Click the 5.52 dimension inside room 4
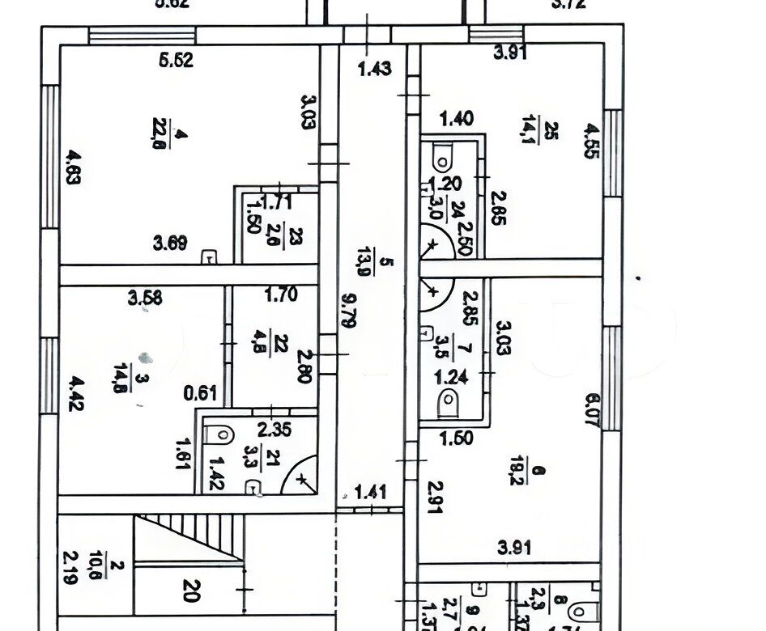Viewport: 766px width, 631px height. pyautogui.click(x=177, y=60)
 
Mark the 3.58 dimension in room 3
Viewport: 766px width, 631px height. pyautogui.click(x=146, y=297)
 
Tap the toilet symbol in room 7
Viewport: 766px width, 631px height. pyautogui.click(x=446, y=400)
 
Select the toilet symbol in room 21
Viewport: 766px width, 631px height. pyautogui.click(x=219, y=434)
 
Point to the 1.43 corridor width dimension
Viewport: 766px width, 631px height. pyautogui.click(x=375, y=69)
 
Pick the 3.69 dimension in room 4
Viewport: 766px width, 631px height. pyautogui.click(x=171, y=240)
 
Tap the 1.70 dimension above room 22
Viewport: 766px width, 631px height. pyautogui.click(x=280, y=294)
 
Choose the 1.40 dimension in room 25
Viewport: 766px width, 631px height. pyautogui.click(x=455, y=120)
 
